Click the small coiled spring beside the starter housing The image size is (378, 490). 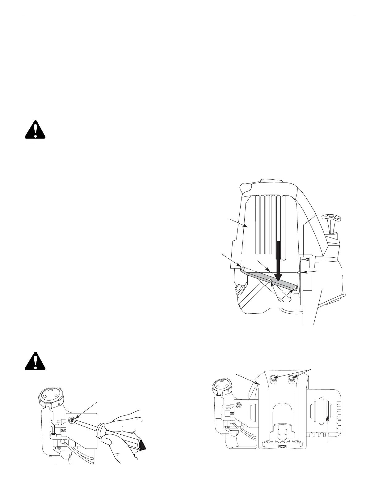307,259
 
